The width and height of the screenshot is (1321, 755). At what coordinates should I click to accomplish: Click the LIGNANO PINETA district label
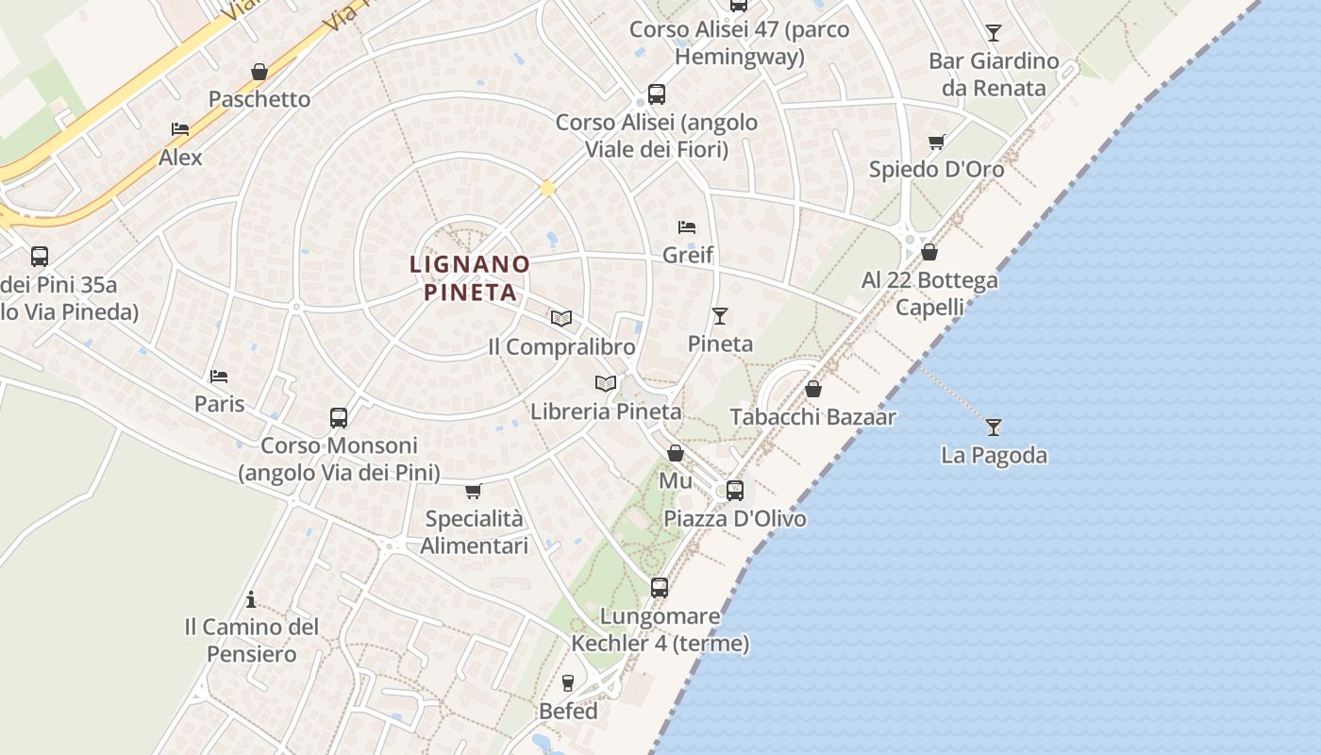(x=470, y=278)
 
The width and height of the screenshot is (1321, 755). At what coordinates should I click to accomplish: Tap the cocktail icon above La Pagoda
(x=993, y=428)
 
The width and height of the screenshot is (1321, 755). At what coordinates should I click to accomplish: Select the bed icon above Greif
(x=687, y=226)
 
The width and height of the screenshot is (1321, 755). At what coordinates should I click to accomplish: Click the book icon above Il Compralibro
(x=561, y=318)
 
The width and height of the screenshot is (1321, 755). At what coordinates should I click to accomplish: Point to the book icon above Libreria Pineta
(x=606, y=383)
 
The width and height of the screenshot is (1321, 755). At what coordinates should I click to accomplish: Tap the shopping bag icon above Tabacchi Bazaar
(x=812, y=389)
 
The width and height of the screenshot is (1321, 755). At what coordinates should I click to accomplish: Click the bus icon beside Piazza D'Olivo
(x=734, y=491)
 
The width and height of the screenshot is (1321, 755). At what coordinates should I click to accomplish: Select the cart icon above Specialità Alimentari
(x=474, y=491)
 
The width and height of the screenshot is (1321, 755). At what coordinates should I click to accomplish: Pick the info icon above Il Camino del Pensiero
(x=251, y=599)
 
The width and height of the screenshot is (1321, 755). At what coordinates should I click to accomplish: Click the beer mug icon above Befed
(x=568, y=682)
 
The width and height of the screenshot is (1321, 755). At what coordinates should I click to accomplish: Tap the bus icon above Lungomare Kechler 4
(x=660, y=587)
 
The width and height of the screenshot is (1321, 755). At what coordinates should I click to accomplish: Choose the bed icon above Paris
(x=219, y=376)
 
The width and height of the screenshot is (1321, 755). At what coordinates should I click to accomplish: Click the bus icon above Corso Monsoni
(x=339, y=417)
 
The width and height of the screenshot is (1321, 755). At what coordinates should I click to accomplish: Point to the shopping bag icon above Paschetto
(x=259, y=72)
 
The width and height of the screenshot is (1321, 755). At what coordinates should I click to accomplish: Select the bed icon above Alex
(x=180, y=129)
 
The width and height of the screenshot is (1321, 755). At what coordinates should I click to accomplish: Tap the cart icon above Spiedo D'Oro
(x=936, y=142)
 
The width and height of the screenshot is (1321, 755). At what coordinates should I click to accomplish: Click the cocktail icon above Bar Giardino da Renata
(x=993, y=33)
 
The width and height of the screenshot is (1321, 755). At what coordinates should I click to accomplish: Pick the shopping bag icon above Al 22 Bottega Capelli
(x=929, y=252)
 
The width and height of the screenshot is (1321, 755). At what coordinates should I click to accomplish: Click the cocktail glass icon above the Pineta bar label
(x=720, y=315)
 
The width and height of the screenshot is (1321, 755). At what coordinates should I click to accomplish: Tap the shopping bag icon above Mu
(x=676, y=453)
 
